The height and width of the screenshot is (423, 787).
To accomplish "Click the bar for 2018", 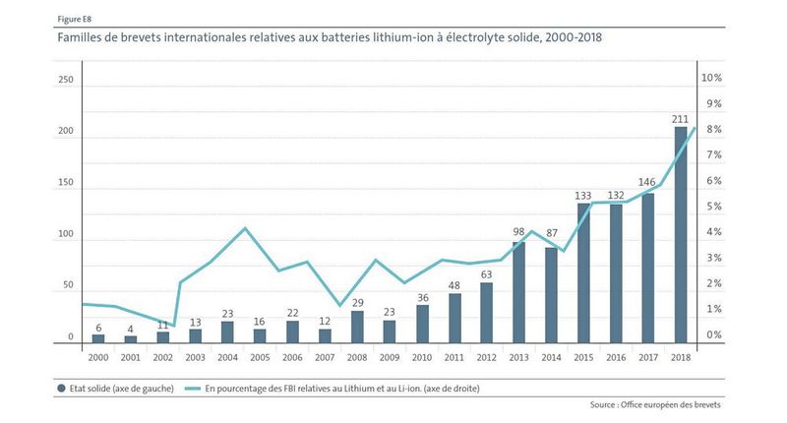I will tap(680, 236).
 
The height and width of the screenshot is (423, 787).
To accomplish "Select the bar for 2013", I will tap(518, 293).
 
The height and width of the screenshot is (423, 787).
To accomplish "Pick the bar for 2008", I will tap(357, 327).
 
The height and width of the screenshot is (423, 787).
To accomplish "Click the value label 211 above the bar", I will tap(680, 119).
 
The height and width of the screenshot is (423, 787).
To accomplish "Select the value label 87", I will tap(551, 233).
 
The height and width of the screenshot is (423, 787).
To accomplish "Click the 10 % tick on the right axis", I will tap(711, 78).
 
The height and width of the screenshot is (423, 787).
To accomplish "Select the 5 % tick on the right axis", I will tap(711, 207).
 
